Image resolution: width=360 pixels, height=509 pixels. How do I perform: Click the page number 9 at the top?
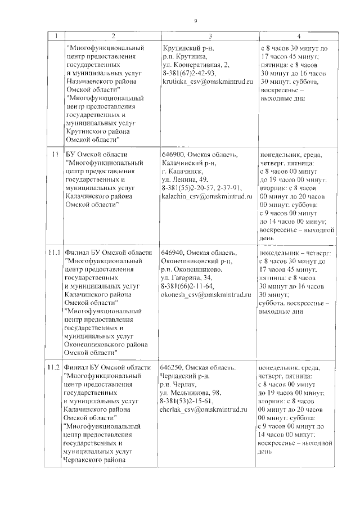195,21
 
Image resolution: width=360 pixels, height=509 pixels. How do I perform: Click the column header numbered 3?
210,37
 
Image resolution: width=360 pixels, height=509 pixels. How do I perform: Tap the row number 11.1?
54,254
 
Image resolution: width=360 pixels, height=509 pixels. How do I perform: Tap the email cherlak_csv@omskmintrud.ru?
204,409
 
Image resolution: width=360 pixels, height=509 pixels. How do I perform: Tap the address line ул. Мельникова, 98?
190,392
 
